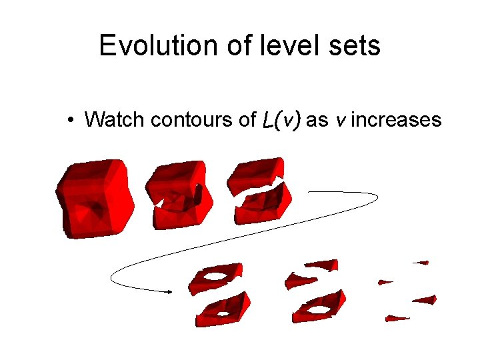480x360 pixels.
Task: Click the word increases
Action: pos(396,120)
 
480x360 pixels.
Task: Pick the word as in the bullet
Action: pos(317,121)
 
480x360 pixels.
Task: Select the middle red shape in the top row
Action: pos(179,193)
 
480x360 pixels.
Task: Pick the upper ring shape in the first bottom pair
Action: pos(215,277)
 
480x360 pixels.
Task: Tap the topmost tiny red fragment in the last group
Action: pos(420,263)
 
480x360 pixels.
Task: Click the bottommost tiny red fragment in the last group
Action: pos(397,319)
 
